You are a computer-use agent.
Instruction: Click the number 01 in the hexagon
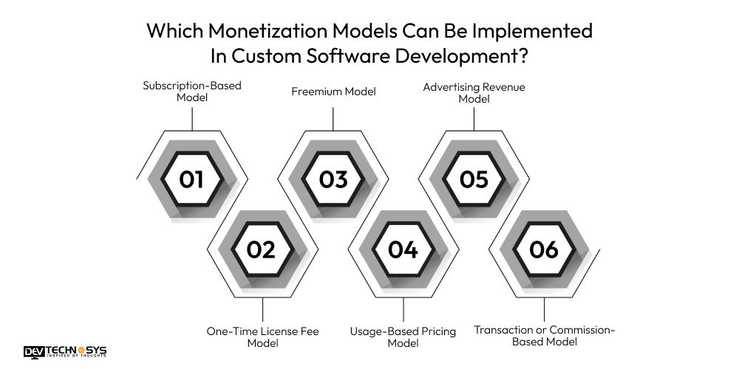coord(191,179)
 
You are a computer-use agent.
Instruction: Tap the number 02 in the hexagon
coord(261,249)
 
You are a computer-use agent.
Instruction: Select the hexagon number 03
coord(333,179)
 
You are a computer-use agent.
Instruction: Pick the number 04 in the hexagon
coord(403,249)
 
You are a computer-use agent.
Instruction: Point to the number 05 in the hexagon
coord(474,179)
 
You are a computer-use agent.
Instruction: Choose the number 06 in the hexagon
coord(544,249)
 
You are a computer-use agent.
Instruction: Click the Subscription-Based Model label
coord(191,92)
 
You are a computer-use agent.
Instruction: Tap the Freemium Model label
coord(333,92)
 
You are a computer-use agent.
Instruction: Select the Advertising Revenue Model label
coord(474,92)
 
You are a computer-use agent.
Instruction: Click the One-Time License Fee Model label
coord(262,337)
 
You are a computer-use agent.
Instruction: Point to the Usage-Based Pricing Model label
coord(403,337)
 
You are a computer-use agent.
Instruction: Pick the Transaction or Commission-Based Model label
coord(544,336)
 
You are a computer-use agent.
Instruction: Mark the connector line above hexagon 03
coord(333,118)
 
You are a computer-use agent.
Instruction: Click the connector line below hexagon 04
coord(403,309)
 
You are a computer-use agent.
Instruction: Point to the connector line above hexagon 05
coord(474,118)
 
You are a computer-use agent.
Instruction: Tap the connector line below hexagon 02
coord(263,309)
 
